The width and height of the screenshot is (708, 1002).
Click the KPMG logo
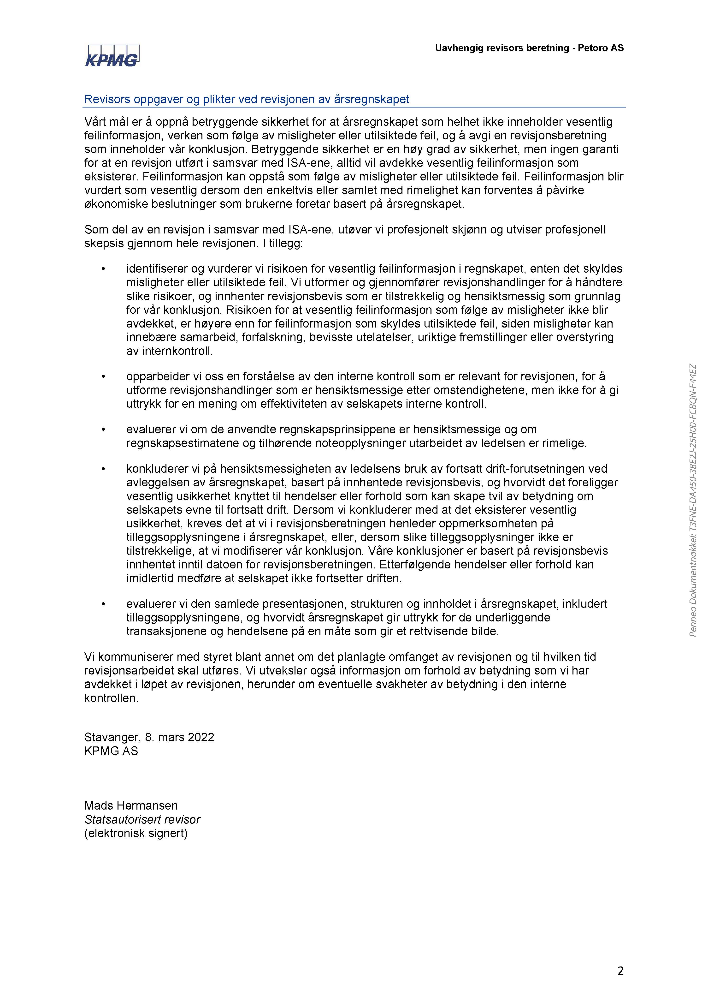(x=112, y=56)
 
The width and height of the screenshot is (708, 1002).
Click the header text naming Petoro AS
(x=529, y=48)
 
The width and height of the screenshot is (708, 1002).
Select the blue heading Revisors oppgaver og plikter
(x=247, y=100)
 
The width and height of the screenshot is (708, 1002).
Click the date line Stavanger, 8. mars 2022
(x=149, y=737)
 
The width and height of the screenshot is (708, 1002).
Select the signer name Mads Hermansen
(x=131, y=806)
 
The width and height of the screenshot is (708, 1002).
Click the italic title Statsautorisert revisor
(x=142, y=820)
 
